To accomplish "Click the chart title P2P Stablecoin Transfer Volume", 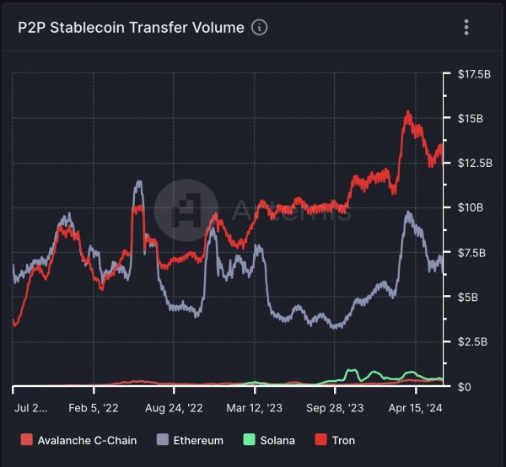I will tap(131, 27).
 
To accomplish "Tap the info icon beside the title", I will tap(260, 27).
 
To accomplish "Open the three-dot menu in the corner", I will tap(466, 27).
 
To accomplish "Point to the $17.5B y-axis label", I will tap(473, 74).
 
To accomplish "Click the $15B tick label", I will tap(469, 119).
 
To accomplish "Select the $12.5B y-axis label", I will tap(473, 163).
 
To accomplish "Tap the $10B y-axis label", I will tap(469, 207).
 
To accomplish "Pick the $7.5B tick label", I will tap(471, 253).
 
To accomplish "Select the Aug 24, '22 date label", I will tap(175, 407).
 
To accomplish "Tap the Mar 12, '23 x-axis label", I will tap(255, 407).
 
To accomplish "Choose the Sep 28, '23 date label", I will tap(336, 407).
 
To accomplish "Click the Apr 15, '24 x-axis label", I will tap(416, 407).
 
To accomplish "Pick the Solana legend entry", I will tap(270, 440).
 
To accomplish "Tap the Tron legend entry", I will tap(336, 440).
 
